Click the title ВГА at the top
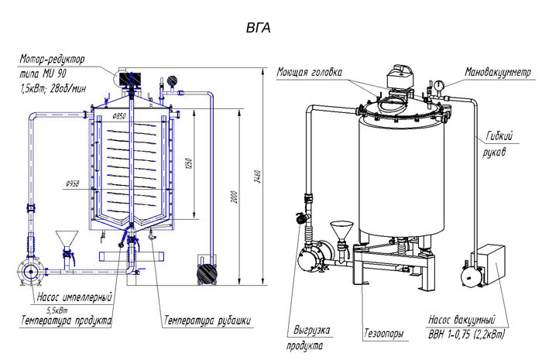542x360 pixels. (x=258, y=28)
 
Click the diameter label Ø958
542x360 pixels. (x=75, y=184)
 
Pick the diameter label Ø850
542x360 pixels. (x=118, y=116)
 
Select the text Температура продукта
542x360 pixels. (x=66, y=320)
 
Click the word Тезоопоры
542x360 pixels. (x=383, y=334)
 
